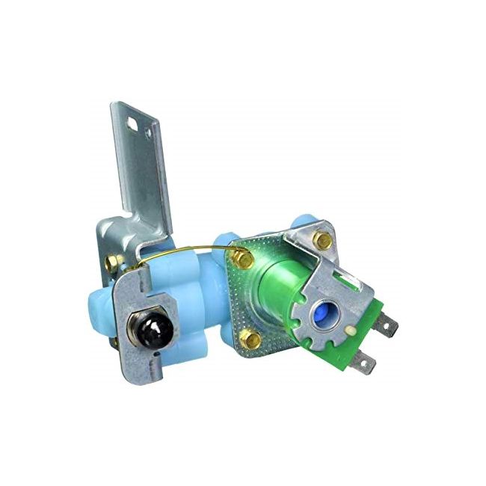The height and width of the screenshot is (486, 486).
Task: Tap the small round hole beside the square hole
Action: [148, 132]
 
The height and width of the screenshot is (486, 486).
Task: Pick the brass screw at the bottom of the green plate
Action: [253, 340]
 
